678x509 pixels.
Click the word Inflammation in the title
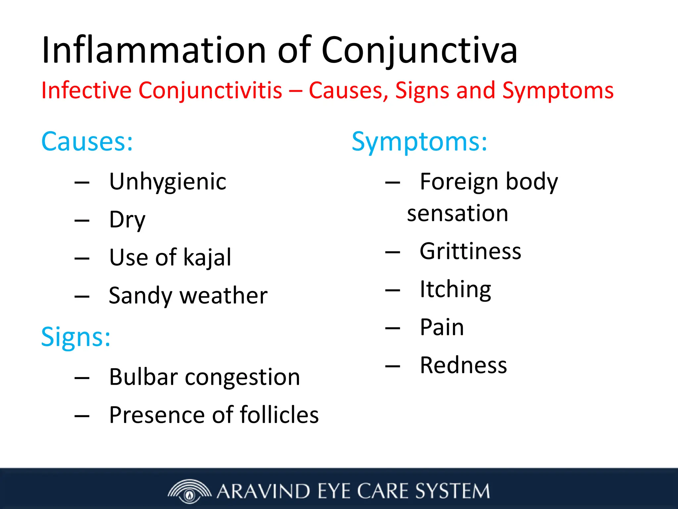coord(154,50)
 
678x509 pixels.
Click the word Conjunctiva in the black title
coord(419,50)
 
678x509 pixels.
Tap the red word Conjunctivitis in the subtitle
coord(210,90)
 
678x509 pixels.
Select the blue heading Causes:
coord(87,141)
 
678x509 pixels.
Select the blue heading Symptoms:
coord(419,141)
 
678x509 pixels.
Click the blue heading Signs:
coord(76,337)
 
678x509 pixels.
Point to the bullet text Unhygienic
coord(168,182)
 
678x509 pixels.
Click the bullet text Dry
coord(127,220)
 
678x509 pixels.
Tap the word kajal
coord(207,257)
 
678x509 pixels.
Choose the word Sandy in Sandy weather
coord(140,296)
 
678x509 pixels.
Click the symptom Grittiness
coord(470,251)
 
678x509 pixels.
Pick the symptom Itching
coord(455,289)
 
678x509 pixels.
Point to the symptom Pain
coord(442,327)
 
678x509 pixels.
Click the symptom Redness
coord(463,365)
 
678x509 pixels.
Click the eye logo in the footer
coord(189,491)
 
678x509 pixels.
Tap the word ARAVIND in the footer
coord(263,491)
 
